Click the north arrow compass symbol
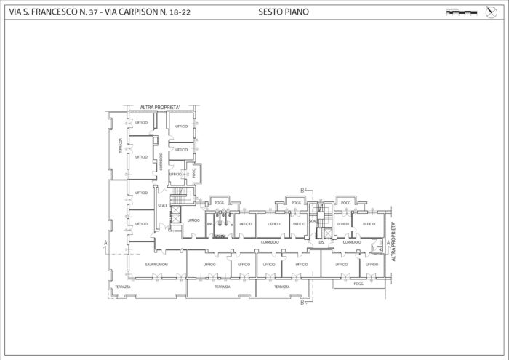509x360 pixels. pos(489,12)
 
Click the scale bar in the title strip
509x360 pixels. pos(461,12)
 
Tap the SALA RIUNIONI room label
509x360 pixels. pos(156,264)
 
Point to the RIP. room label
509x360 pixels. pos(209,224)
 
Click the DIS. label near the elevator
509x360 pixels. pos(321,241)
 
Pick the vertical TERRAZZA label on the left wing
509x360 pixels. pos(121,146)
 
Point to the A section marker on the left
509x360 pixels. pos(105,241)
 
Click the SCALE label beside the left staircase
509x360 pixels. pos(162,206)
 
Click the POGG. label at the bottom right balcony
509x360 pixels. pos(358,284)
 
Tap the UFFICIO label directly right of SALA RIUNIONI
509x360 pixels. pos(210,264)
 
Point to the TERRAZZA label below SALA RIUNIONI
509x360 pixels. pos(122,287)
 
